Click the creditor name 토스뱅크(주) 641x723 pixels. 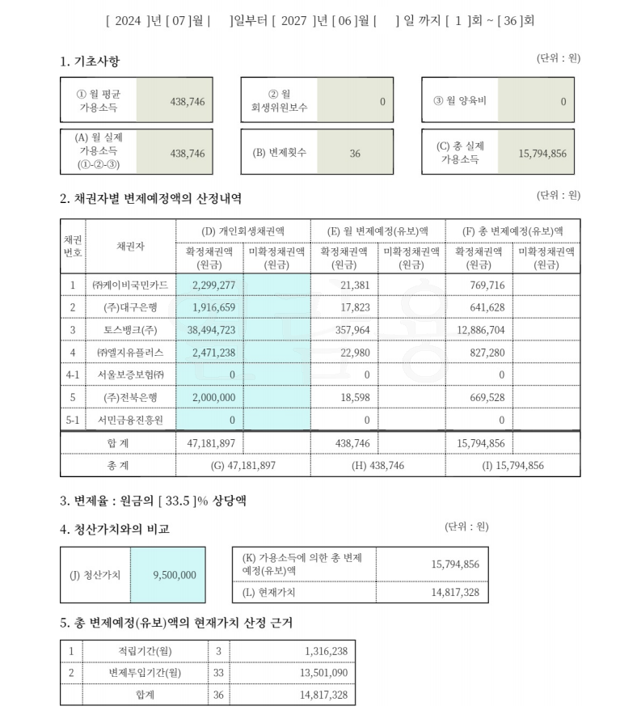pyautogui.click(x=129, y=329)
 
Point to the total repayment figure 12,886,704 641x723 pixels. pyautogui.click(x=479, y=329)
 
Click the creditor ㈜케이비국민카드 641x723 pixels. pyautogui.click(x=129, y=285)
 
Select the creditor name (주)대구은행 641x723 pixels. pyautogui.click(x=129, y=307)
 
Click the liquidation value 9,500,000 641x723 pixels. pyautogui.click(x=174, y=575)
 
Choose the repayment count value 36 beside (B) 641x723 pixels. pyautogui.click(x=355, y=153)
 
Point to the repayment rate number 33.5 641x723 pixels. pyautogui.click(x=167, y=501)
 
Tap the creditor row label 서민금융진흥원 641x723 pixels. pyautogui.click(x=129, y=420)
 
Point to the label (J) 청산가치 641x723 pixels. pyautogui.click(x=95, y=575)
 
